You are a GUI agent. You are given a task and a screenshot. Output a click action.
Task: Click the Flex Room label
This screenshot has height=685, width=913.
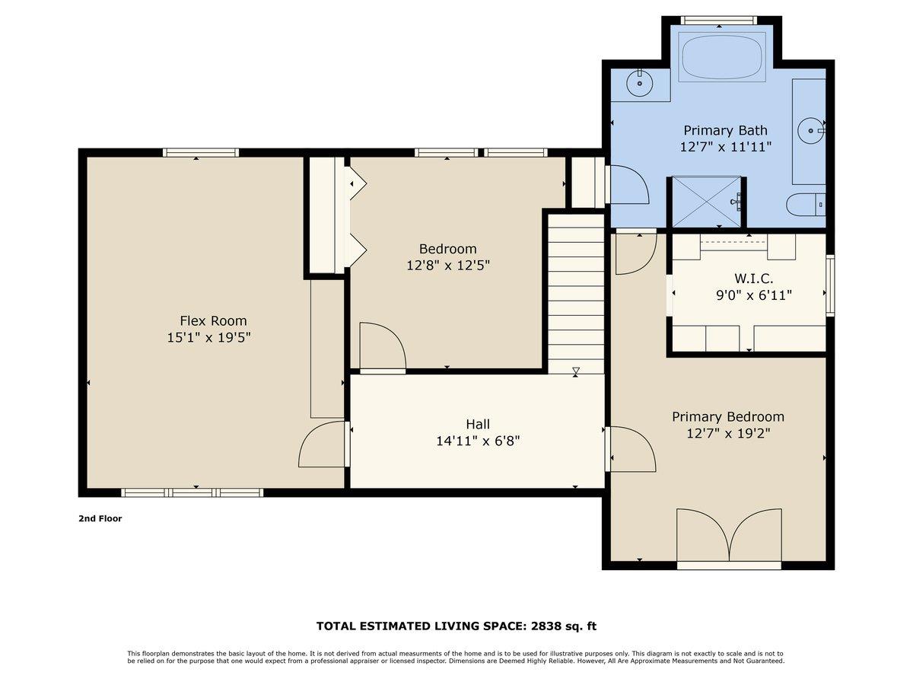coord(213,321)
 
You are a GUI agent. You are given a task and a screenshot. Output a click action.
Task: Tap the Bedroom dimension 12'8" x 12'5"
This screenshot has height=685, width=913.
coord(447,266)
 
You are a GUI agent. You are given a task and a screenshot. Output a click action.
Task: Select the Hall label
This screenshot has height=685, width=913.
coord(478,424)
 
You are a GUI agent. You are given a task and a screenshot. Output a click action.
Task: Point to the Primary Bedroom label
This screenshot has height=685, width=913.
coord(727,417)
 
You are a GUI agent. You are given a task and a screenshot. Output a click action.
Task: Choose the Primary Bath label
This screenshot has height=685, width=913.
coord(725,130)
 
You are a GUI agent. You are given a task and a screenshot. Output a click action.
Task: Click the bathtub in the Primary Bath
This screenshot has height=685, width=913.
coord(723,56)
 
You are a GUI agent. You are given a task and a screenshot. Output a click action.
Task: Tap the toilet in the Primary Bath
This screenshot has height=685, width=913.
coord(805,204)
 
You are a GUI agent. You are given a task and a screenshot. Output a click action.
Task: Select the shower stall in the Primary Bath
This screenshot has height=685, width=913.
coord(705,202)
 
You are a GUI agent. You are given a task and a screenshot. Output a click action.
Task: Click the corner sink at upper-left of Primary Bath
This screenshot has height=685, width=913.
coord(640,82)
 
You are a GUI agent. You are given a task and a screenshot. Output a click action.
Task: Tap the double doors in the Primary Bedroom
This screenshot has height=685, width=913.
coord(729,536)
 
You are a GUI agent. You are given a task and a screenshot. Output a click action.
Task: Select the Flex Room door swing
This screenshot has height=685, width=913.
coord(323,444)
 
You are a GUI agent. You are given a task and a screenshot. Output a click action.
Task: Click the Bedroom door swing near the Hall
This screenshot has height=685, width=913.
coord(382,347)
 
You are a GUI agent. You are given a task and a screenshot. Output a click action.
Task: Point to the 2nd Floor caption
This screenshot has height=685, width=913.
coord(100,518)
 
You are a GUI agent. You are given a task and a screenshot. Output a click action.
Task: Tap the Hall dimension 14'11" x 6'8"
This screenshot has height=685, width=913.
coord(478,440)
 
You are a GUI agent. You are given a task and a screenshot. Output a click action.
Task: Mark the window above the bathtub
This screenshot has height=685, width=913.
coord(718,20)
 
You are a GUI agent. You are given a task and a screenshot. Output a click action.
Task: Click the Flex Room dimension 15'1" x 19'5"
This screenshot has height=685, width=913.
coord(209,336)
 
